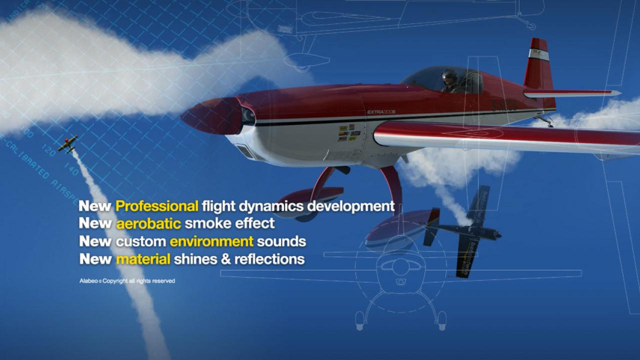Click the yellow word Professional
point(157,206)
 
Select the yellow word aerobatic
point(148,223)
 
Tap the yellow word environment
point(211,241)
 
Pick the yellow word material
point(143,259)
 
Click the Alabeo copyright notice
point(127,281)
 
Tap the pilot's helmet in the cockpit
point(449,76)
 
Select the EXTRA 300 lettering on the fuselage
point(381,112)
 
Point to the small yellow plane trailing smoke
point(67,143)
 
